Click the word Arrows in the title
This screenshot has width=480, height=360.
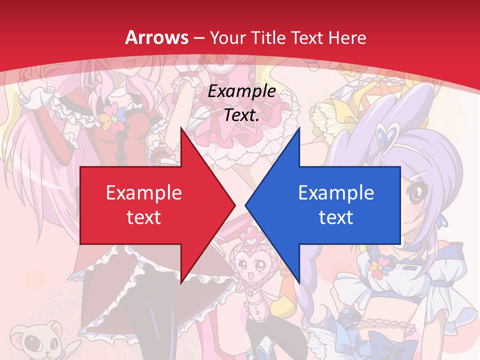point(157,37)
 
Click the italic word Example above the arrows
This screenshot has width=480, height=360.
point(242,91)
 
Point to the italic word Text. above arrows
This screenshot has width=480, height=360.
point(242,115)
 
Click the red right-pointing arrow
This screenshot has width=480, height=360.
point(150,205)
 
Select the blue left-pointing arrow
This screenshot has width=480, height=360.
point(330,205)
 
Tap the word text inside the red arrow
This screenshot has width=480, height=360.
point(144,217)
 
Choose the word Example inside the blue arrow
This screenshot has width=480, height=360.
point(336,193)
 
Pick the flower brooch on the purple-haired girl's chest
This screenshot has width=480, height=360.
point(381,267)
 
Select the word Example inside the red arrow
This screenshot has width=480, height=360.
point(144,193)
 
